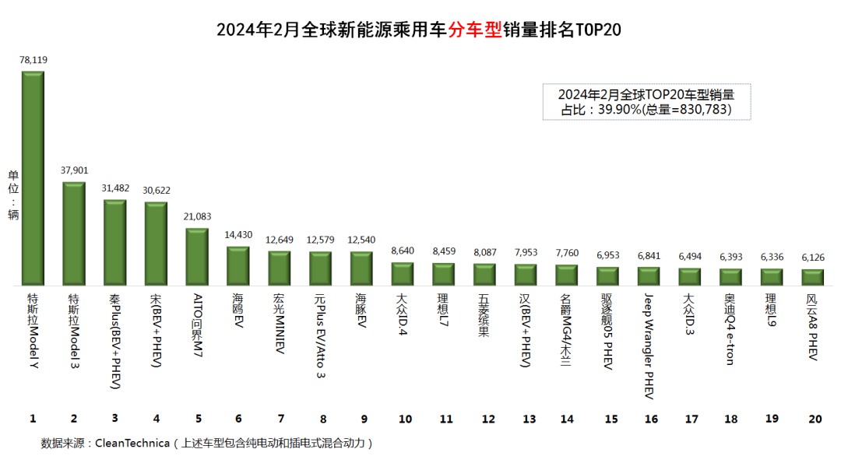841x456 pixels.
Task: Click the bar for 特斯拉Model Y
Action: tap(33, 178)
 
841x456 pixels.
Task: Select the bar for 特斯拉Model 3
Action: tap(74, 233)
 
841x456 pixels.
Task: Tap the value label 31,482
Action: tap(114, 189)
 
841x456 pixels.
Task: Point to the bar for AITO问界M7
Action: tap(197, 256)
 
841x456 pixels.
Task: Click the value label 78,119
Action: tap(33, 60)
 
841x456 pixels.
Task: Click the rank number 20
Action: tap(815, 419)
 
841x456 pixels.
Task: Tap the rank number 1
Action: tap(33, 419)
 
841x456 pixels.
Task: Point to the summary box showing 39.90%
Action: tap(646, 102)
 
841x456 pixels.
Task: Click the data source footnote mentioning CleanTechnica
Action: tap(207, 443)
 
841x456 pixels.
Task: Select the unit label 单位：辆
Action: tap(13, 195)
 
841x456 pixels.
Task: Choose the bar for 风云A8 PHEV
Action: tap(813, 277)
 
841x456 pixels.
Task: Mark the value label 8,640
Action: tap(403, 251)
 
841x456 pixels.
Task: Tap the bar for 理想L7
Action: tap(443, 274)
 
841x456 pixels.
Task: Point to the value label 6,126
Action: tap(812, 258)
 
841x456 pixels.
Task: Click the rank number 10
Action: tap(404, 419)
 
